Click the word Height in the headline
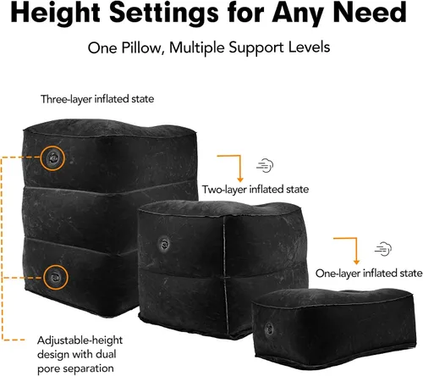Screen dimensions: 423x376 tap(55, 14)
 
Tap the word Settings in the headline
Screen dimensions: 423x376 tap(164, 12)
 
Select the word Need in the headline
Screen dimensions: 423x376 tap(370, 12)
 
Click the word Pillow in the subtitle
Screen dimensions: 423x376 tap(143, 47)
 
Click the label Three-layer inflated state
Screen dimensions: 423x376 tap(97, 99)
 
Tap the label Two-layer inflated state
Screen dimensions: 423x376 tap(255, 189)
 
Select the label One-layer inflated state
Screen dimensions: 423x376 tap(369, 274)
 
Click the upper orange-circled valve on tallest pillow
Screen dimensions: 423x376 tap(52, 158)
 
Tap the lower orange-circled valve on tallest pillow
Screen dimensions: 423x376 tap(56, 277)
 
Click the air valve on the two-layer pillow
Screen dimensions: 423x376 tap(164, 243)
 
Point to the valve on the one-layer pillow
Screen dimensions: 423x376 tap(269, 329)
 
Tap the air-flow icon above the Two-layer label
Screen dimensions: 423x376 tap(265, 165)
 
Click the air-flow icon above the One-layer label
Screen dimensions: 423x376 tap(383, 249)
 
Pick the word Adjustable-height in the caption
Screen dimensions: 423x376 tap(80, 340)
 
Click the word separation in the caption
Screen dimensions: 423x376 tap(86, 368)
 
